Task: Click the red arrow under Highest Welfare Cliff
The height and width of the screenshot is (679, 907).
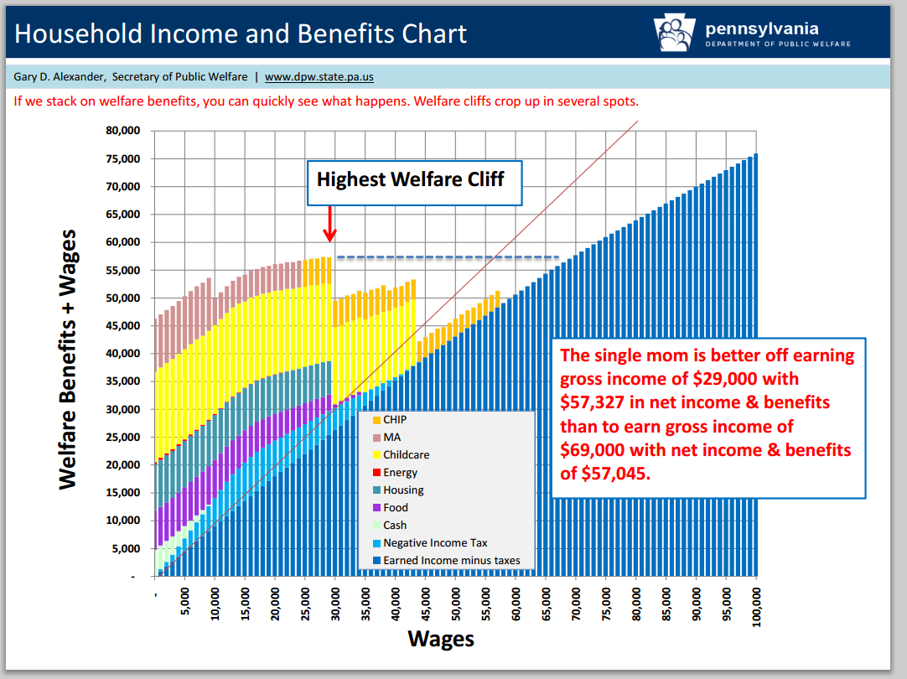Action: click(x=330, y=225)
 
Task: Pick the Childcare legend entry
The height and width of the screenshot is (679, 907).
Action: click(x=406, y=454)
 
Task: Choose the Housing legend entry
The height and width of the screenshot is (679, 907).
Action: click(x=403, y=490)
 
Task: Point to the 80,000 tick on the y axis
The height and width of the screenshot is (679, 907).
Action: click(x=122, y=131)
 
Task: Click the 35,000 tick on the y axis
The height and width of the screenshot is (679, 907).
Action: click(x=122, y=381)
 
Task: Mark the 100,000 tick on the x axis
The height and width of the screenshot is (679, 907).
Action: click(x=757, y=603)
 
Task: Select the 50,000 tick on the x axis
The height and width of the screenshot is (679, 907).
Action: click(x=456, y=603)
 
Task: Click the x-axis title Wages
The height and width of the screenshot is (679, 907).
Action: click(x=441, y=639)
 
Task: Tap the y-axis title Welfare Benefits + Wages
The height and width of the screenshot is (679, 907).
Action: click(x=68, y=360)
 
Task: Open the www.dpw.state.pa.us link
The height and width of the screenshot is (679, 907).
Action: click(x=319, y=77)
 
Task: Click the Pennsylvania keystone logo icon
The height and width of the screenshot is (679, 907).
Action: click(x=674, y=34)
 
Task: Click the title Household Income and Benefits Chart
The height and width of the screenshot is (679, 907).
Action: click(x=241, y=34)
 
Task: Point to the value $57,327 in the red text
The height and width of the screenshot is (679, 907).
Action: click(x=595, y=403)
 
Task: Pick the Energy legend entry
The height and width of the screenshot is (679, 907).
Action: click(x=400, y=472)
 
